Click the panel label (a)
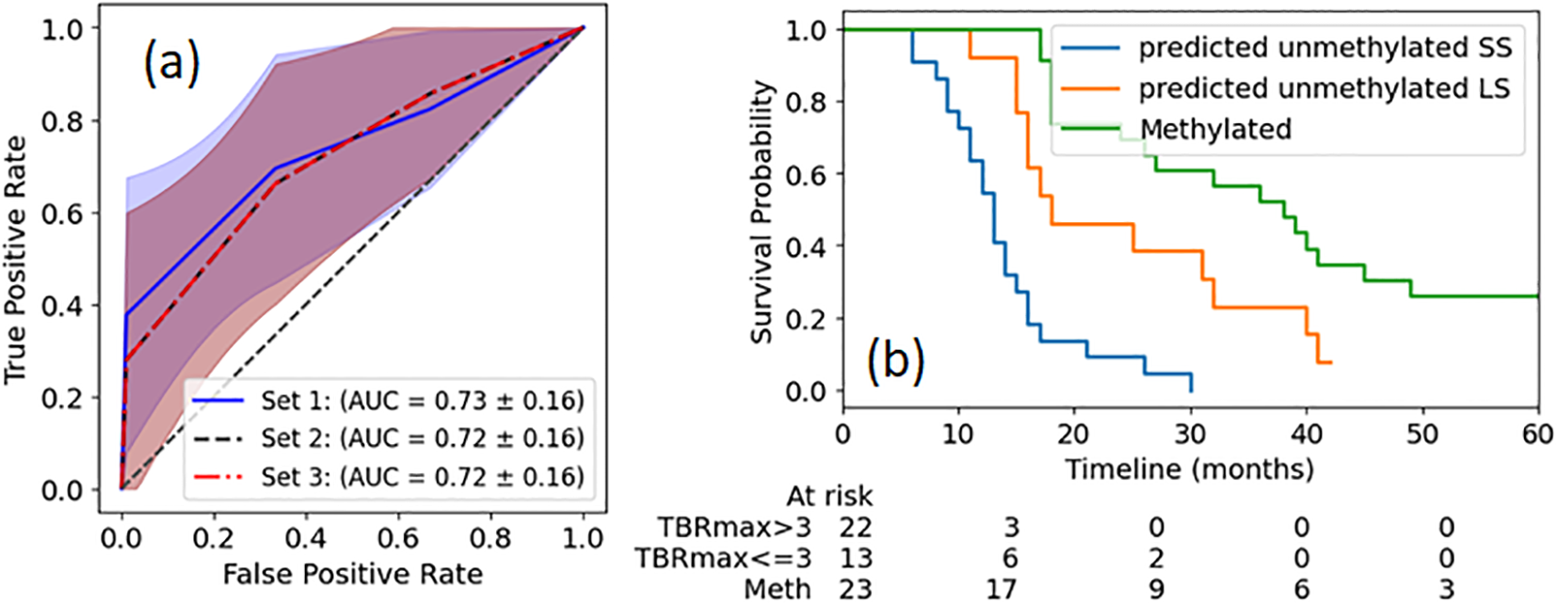[171, 65]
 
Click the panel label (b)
[895, 360]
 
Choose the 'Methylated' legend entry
[1215, 129]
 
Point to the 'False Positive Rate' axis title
[352, 574]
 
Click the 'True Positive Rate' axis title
[16, 259]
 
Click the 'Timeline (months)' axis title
[1189, 468]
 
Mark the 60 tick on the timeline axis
[1536, 434]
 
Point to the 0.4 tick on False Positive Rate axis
[305, 538]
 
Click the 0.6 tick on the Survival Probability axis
[806, 175]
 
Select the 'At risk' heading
[829, 496]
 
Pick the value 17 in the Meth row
[1002, 589]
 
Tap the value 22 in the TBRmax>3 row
[856, 527]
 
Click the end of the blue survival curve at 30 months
[1191, 390]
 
